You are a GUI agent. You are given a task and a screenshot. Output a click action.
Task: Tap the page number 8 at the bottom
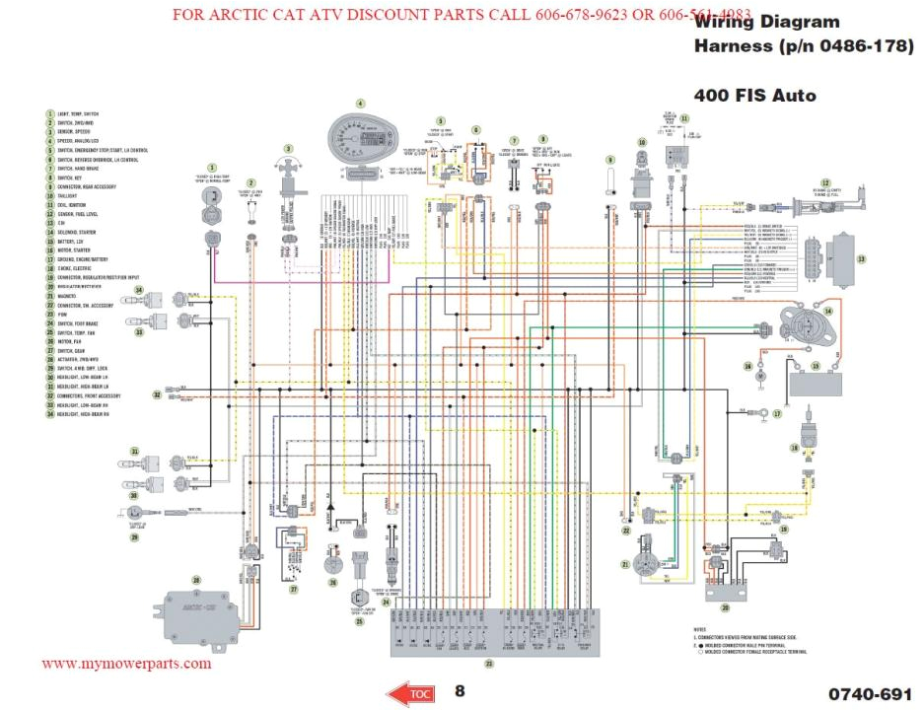click(460, 691)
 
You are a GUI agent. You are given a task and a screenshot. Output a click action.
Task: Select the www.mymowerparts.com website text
click(126, 664)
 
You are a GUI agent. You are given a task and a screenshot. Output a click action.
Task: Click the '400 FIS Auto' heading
click(754, 96)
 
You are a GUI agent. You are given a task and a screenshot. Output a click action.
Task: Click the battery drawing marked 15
click(815, 382)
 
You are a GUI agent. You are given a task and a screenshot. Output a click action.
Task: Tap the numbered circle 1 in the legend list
click(48, 114)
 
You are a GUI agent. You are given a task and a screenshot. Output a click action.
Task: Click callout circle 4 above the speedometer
click(360, 103)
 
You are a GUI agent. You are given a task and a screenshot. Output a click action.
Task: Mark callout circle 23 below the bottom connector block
click(487, 663)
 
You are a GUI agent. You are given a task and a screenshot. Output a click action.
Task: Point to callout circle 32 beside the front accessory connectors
click(157, 394)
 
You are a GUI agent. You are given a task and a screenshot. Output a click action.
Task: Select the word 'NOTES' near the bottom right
click(700, 628)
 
